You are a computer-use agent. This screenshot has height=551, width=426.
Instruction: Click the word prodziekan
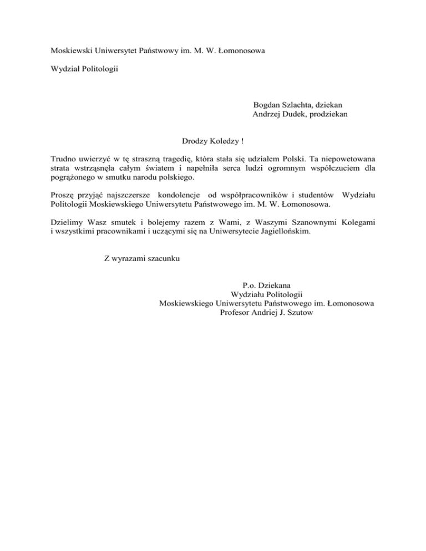pos(332,114)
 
